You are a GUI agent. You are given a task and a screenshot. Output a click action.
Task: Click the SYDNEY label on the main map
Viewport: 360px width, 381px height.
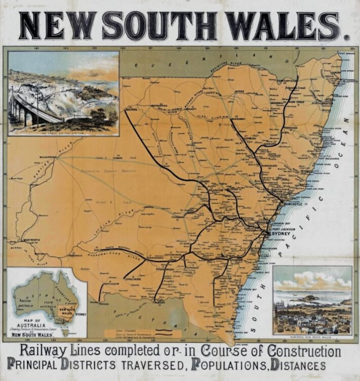280,234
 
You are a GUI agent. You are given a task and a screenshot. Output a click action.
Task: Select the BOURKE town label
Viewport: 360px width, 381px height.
131,109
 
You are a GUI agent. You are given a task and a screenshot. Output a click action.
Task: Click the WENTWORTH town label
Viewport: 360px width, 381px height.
32,240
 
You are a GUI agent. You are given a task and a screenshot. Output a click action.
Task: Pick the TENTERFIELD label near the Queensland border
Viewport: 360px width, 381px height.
287,81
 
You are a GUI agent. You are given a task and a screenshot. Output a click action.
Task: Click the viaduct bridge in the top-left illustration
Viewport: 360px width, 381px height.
32,107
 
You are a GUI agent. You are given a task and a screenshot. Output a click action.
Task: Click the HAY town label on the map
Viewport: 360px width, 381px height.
97,249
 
